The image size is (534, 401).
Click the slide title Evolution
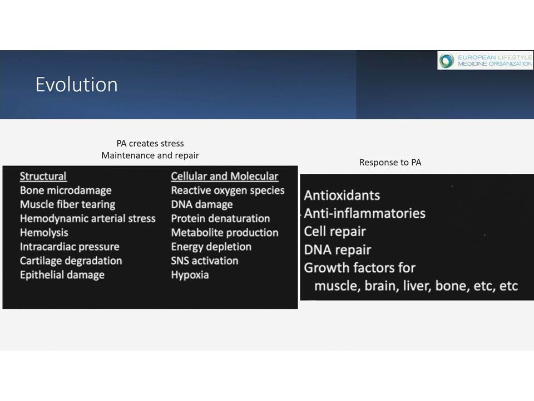tap(77, 84)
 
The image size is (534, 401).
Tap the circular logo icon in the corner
tap(447, 61)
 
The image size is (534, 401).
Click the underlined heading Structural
tap(43, 177)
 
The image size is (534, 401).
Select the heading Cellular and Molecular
tap(225, 177)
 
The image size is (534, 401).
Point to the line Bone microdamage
tap(66, 190)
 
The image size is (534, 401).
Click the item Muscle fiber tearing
tap(67, 204)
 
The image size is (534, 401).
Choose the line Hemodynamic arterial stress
tap(87, 218)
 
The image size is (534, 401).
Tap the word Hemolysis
tap(44, 233)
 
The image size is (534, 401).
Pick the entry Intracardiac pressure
tap(70, 247)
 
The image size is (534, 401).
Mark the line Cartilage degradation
tap(71, 261)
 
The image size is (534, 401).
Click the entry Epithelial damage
tap(62, 275)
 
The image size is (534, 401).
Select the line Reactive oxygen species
tap(228, 190)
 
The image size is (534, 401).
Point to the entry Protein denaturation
tap(220, 218)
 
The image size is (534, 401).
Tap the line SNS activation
tap(204, 261)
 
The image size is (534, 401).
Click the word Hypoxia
tap(190, 275)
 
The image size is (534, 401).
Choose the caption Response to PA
tap(390, 162)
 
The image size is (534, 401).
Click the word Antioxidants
tap(342, 195)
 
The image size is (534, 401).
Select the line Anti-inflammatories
tap(365, 213)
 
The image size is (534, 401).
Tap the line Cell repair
tap(335, 232)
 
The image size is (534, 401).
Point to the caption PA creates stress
tap(150, 144)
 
